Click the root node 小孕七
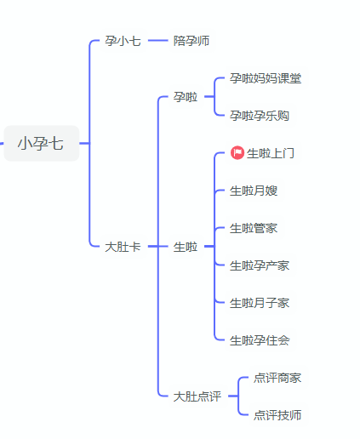pyautogui.click(x=41, y=143)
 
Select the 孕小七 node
pyautogui.click(x=123, y=41)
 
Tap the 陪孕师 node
pyautogui.click(x=191, y=41)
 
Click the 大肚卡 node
pyautogui.click(x=123, y=247)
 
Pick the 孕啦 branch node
pyautogui.click(x=186, y=97)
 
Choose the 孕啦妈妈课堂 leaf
pyautogui.click(x=266, y=78)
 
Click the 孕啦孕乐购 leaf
pyautogui.click(x=260, y=116)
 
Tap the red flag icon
pyautogui.click(x=237, y=153)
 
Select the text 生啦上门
pyautogui.click(x=271, y=153)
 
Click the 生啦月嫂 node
pyautogui.click(x=254, y=191)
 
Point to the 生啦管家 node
pyautogui.click(x=254, y=228)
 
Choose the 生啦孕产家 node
pyautogui.click(x=260, y=265)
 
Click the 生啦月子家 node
pyautogui.click(x=260, y=303)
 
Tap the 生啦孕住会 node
pyautogui.click(x=260, y=340)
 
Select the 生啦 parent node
pyautogui.click(x=186, y=247)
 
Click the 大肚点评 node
pyautogui.click(x=197, y=396)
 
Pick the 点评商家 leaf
pyautogui.click(x=277, y=378)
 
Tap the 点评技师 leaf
pyautogui.click(x=277, y=415)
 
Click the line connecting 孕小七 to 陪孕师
pyautogui.click(x=158, y=41)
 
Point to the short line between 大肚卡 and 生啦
pyautogui.click(x=158, y=247)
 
